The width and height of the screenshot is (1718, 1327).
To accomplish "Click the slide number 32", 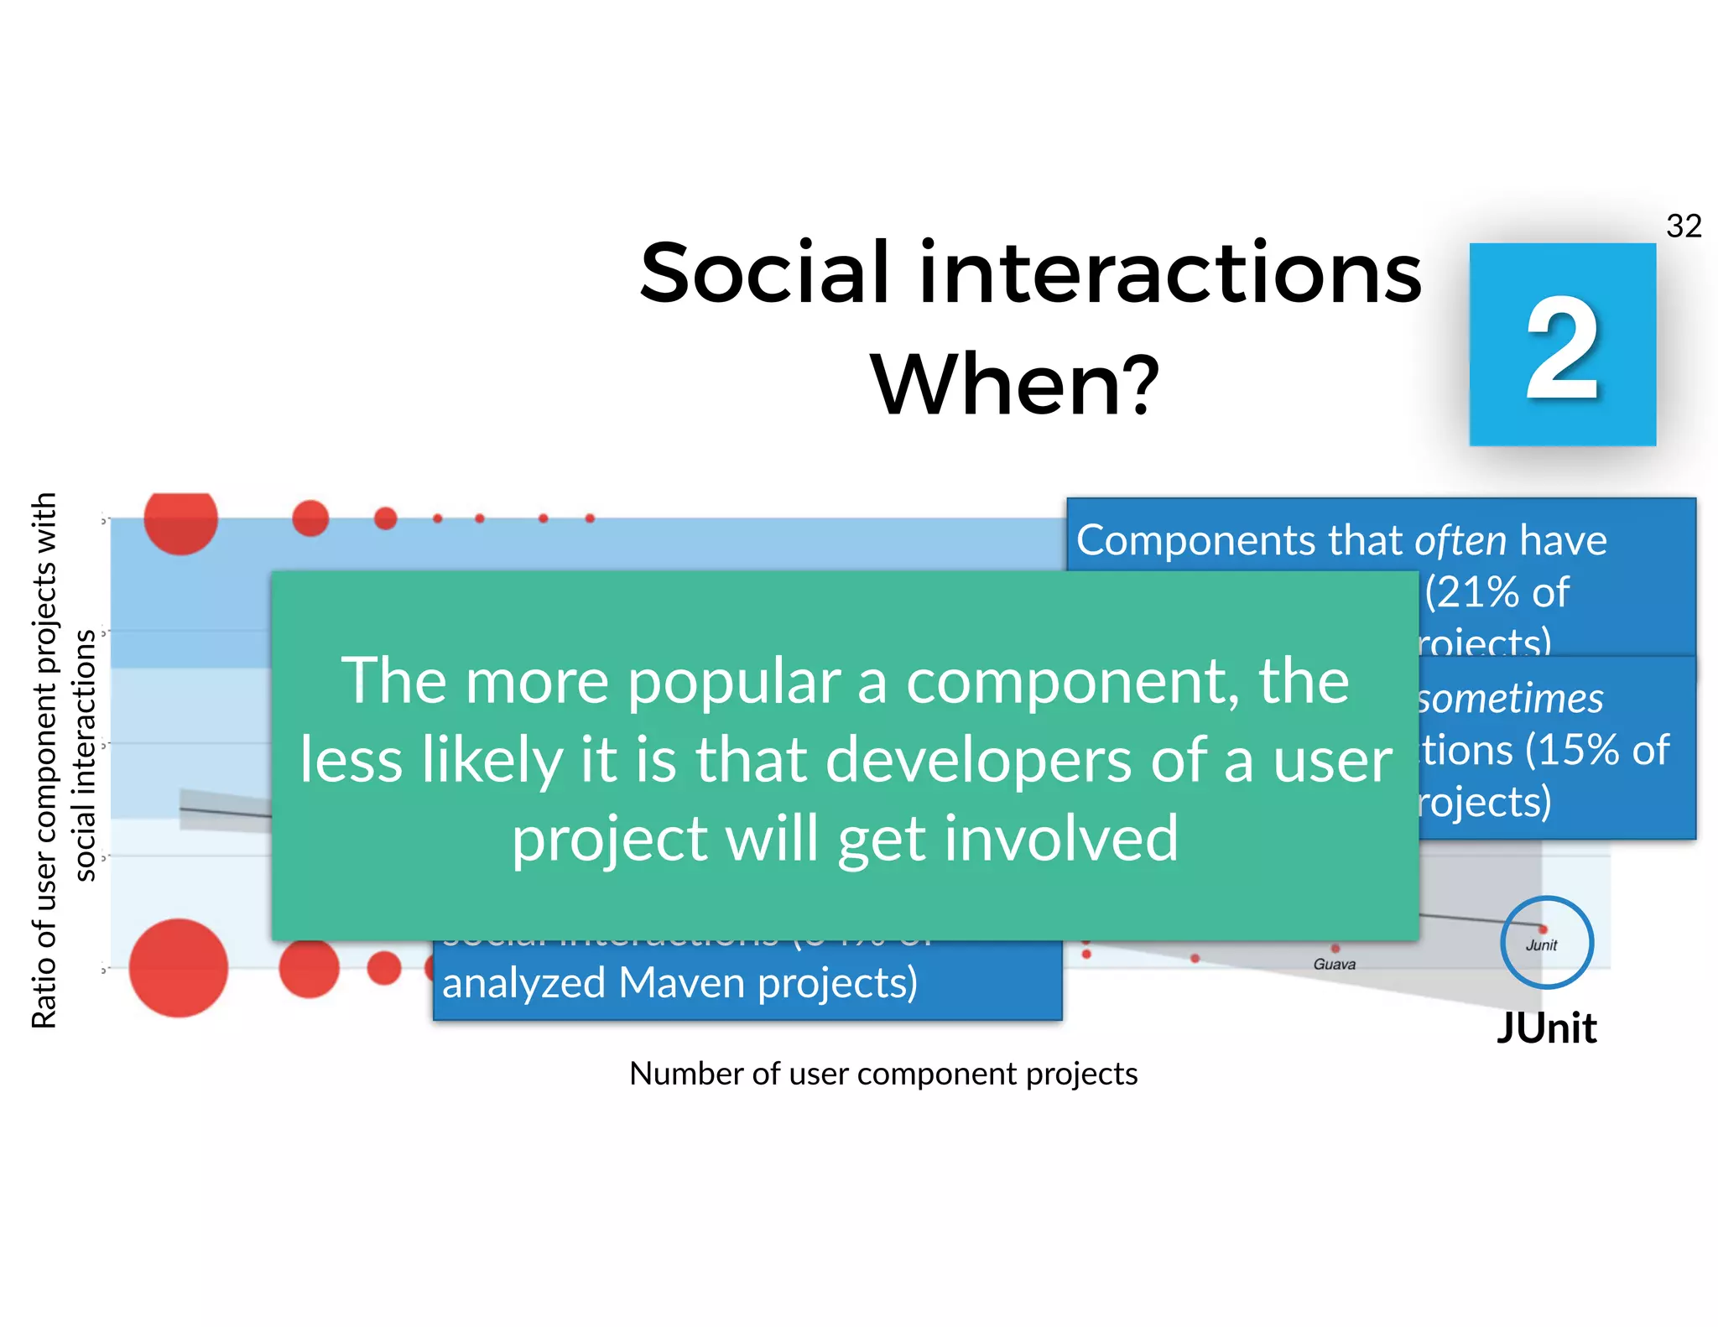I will (1683, 226).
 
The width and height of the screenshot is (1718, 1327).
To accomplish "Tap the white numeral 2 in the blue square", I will (1562, 348).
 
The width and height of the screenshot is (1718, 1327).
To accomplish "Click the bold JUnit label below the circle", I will (1546, 1028).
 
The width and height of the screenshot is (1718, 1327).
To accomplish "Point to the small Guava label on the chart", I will (1334, 965).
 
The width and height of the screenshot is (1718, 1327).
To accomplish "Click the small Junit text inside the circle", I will (1541, 945).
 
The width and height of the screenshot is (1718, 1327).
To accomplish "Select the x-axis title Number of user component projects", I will (882, 1074).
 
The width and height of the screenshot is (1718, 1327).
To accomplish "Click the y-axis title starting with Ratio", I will (44, 759).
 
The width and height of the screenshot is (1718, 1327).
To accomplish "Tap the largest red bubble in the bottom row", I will (179, 967).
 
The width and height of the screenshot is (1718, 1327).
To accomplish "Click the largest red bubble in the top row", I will (180, 520).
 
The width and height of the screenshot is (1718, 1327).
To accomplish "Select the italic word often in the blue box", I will (1460, 540).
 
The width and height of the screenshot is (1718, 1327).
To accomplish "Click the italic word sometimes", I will (1510, 699).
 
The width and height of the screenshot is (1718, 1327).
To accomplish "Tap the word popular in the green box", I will (734, 681).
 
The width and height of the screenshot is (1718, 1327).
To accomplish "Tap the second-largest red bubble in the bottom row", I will (309, 968).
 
